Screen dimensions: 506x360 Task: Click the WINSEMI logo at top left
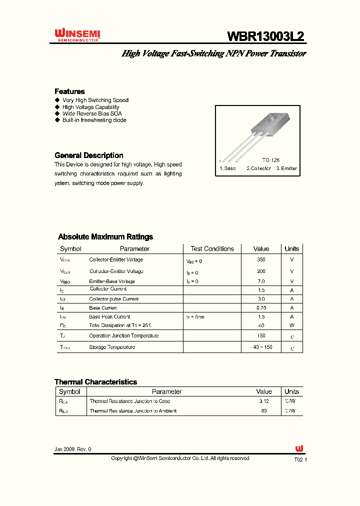coord(77,34)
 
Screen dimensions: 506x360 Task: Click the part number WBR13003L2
coord(265,36)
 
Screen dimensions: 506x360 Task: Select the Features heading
coord(69,91)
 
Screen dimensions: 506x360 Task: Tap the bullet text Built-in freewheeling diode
coord(94,120)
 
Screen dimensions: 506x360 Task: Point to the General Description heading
coord(88,155)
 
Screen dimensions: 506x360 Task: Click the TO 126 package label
coord(270,160)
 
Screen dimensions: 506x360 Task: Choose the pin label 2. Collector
coord(258,168)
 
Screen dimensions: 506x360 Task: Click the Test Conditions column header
coord(212,248)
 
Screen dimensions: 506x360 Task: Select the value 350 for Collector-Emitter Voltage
coord(261,260)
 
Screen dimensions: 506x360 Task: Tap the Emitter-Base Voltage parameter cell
coord(112,281)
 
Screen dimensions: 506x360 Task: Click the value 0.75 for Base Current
coord(261,308)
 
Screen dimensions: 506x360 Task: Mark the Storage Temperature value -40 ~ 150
coord(261,347)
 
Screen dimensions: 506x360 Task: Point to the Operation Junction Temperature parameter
coord(123,336)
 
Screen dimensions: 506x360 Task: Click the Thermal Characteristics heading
coord(95,382)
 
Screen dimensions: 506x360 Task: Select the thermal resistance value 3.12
coord(264,401)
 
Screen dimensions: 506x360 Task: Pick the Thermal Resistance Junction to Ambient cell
coord(132,411)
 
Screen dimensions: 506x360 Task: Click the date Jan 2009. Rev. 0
coord(73,449)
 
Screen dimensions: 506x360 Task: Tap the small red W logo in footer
coord(299,448)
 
